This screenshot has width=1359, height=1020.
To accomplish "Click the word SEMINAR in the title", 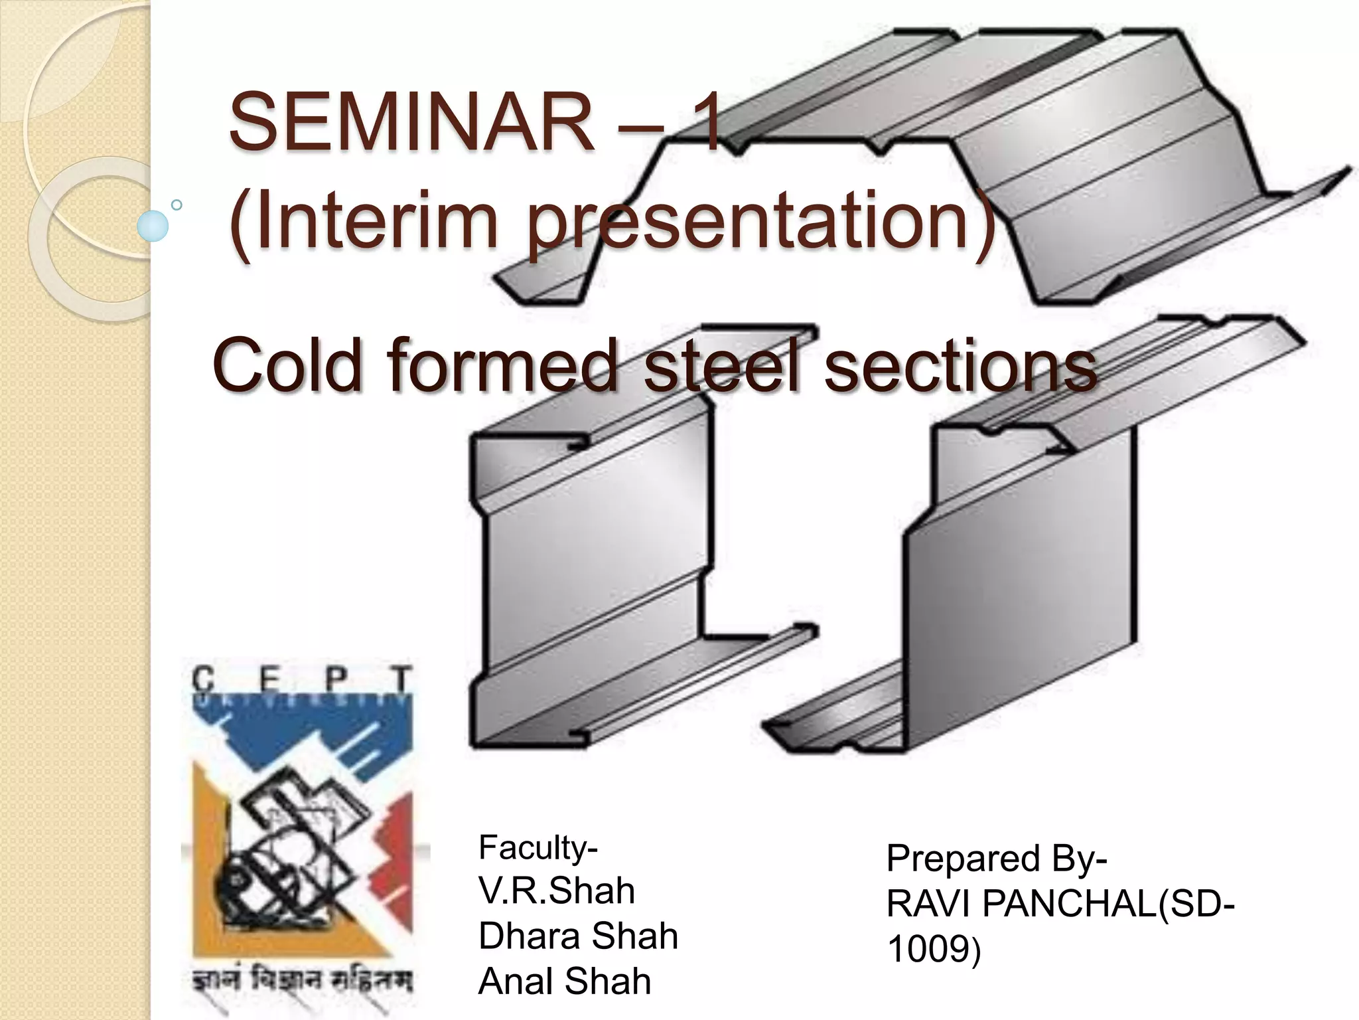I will (411, 124).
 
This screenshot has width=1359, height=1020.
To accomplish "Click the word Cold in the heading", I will (288, 365).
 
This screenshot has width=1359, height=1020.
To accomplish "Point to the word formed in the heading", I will (502, 365).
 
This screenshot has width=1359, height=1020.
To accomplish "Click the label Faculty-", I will (538, 847).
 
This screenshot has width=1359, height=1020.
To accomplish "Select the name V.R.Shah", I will (556, 891).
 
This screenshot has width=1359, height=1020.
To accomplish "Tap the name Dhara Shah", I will (578, 936).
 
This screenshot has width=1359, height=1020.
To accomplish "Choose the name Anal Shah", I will (565, 981).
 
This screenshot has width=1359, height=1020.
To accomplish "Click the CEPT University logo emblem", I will (302, 830).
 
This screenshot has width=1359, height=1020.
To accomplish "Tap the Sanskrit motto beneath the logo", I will (302, 980).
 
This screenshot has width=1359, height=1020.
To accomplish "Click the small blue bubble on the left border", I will (153, 226).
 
